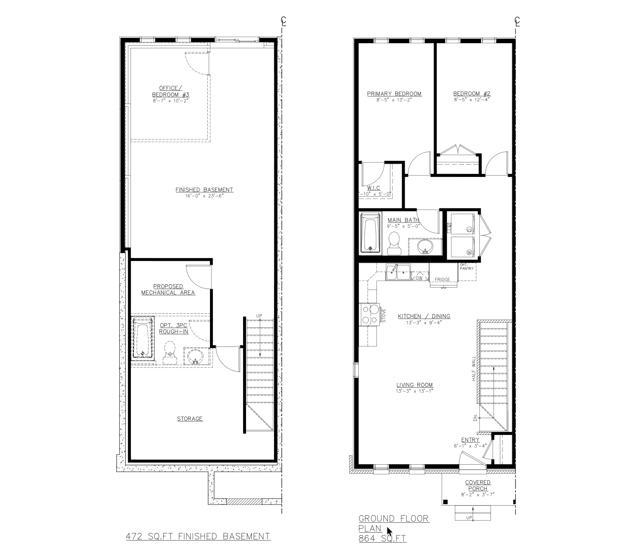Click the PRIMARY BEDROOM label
click(x=394, y=94)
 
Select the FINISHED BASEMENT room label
click(x=204, y=190)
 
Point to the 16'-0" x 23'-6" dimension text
click(x=204, y=196)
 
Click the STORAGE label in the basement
click(x=190, y=419)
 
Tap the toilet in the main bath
click(x=394, y=243)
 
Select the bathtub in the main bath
click(x=370, y=233)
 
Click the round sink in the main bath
click(x=425, y=247)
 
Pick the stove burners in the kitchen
click(x=370, y=315)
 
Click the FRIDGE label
click(x=442, y=279)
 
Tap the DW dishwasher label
click(x=419, y=278)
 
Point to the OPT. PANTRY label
click(x=467, y=267)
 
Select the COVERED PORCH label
click(x=478, y=486)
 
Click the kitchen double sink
click(x=398, y=273)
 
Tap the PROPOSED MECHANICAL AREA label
click(x=168, y=290)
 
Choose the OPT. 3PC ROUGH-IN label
click(x=174, y=328)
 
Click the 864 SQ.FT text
click(x=382, y=538)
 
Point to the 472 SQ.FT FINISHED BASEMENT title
click(x=198, y=536)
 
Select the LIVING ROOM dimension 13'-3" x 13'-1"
click(x=414, y=391)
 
